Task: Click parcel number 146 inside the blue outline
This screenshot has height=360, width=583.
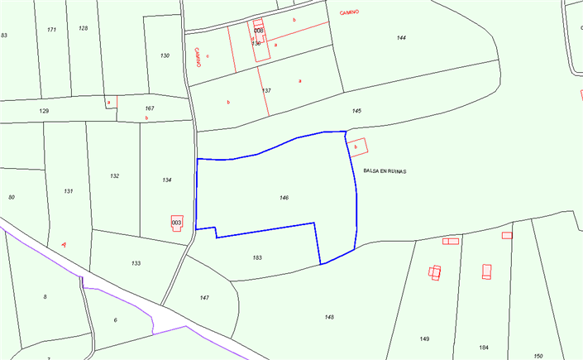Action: (284, 198)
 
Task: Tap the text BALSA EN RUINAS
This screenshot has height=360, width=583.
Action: (385, 170)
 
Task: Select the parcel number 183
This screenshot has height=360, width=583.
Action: (257, 258)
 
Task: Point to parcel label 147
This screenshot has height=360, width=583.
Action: (204, 297)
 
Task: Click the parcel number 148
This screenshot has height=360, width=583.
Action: (329, 317)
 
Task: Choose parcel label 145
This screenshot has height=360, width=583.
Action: (356, 110)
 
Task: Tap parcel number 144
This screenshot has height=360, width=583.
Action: (401, 38)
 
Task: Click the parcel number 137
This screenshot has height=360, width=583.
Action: (266, 90)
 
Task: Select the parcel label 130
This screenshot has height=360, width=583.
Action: (165, 55)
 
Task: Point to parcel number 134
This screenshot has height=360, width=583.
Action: (167, 180)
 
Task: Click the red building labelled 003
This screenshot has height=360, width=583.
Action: (176, 223)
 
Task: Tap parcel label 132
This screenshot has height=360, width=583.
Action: (114, 176)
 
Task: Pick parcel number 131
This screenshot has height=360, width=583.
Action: (68, 191)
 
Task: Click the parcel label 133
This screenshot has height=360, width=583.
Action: (136, 263)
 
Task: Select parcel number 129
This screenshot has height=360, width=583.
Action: (44, 110)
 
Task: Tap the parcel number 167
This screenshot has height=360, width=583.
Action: (150, 108)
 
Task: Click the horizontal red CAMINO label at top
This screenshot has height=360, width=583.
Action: (349, 12)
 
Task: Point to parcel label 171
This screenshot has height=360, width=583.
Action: (51, 29)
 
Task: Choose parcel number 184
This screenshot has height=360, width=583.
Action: (484, 347)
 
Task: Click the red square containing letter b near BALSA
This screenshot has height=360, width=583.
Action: (356, 147)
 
